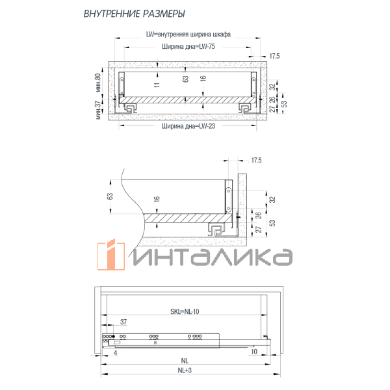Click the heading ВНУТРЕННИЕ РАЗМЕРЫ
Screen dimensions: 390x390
coord(135,14)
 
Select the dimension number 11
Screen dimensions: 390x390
coord(156,84)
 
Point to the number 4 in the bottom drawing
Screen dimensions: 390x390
coord(115,354)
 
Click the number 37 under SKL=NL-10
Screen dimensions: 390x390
coord(123,322)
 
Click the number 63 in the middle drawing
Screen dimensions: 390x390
coord(110,196)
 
